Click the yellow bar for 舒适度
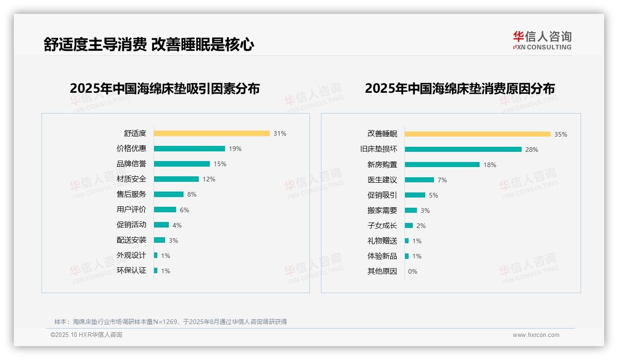click(212, 133)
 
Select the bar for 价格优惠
click(190, 149)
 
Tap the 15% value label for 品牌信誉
click(220, 164)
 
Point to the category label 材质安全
click(131, 179)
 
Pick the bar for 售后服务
click(169, 194)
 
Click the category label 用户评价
click(131, 210)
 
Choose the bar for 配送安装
click(160, 240)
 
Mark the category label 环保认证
click(131, 270)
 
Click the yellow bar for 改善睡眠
click(478, 134)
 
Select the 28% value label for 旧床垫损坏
click(532, 150)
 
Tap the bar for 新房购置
click(442, 165)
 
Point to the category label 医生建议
click(382, 180)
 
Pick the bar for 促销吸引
click(415, 195)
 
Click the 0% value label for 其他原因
click(413, 271)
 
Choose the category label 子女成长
click(382, 226)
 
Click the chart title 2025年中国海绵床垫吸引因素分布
click(165, 88)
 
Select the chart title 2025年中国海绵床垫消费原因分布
click(460, 88)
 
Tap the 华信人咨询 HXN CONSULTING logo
click(542, 41)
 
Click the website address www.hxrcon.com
click(536, 335)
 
